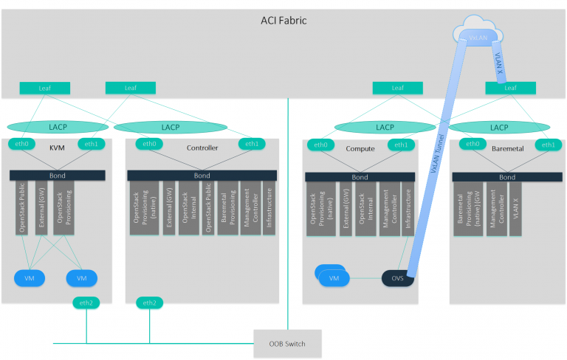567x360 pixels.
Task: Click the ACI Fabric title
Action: (x=283, y=21)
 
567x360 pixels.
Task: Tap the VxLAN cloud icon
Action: (x=478, y=36)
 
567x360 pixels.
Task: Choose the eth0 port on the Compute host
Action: (x=321, y=145)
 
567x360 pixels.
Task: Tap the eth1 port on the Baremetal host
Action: (x=547, y=145)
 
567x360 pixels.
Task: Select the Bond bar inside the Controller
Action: (x=202, y=176)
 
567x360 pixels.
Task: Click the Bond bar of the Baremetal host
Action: (x=506, y=177)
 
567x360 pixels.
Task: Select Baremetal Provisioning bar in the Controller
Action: (x=230, y=209)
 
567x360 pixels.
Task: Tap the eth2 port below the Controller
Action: (x=149, y=302)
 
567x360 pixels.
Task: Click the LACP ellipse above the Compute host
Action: (x=385, y=127)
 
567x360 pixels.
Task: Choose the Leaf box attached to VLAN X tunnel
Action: (x=509, y=89)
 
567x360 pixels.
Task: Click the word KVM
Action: (x=57, y=148)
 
